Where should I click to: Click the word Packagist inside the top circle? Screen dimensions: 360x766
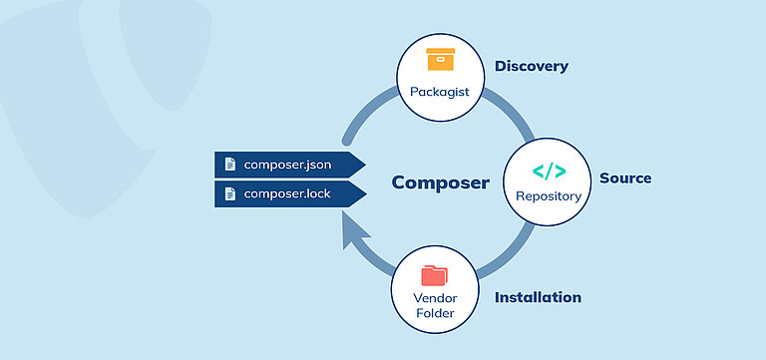pos(439,92)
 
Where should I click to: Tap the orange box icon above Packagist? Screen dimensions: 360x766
pos(439,60)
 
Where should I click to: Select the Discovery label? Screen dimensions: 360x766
pos(531,67)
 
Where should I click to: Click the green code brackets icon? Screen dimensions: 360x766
pos(548,171)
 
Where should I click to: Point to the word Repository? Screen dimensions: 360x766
pos(548,196)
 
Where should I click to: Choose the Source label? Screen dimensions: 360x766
pos(624,179)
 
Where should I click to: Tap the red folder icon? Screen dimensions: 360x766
pos(435,275)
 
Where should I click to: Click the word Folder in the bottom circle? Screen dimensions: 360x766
pos(435,313)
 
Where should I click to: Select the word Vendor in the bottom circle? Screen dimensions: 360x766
pos(435,298)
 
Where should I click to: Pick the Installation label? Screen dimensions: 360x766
pos(538,297)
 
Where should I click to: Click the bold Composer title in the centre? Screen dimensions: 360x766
pos(440,182)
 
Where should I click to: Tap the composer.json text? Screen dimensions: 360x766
pos(287,164)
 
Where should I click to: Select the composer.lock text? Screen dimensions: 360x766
pos(287,193)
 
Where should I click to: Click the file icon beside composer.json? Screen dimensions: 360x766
pos(230,164)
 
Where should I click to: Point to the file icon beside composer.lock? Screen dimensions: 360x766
pos(230,193)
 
